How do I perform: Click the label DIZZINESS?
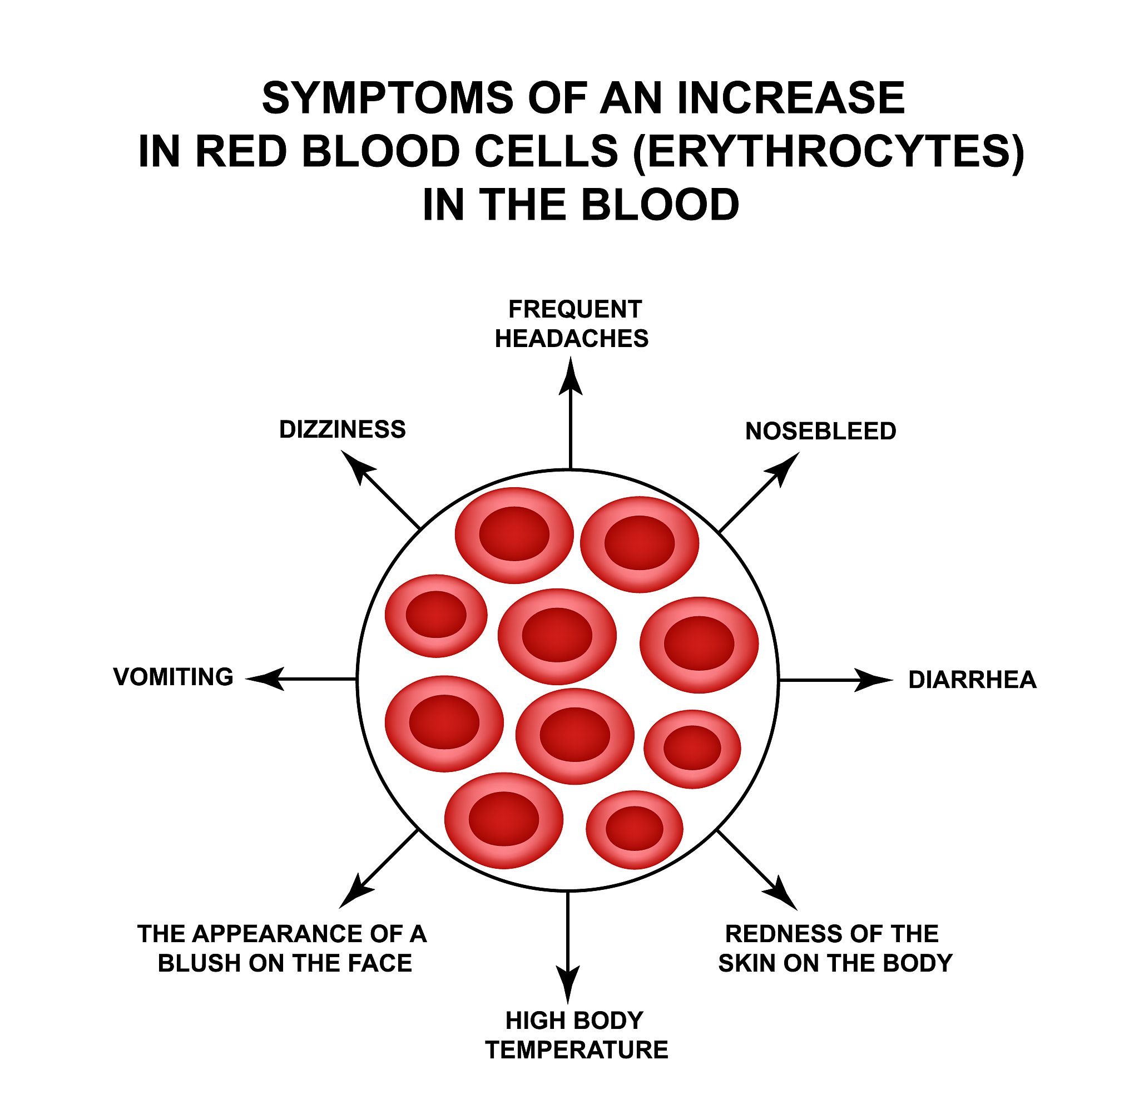(x=343, y=429)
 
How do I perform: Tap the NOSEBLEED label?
(x=820, y=431)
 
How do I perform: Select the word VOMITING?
(x=174, y=677)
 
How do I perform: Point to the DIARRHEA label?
(x=973, y=680)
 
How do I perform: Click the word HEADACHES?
(x=571, y=338)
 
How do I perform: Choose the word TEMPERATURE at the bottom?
(x=577, y=1049)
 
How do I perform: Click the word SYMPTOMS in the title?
(x=388, y=98)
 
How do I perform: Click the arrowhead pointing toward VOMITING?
(x=265, y=679)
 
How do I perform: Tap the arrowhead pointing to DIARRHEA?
(x=874, y=680)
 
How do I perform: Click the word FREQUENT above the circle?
(x=575, y=309)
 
